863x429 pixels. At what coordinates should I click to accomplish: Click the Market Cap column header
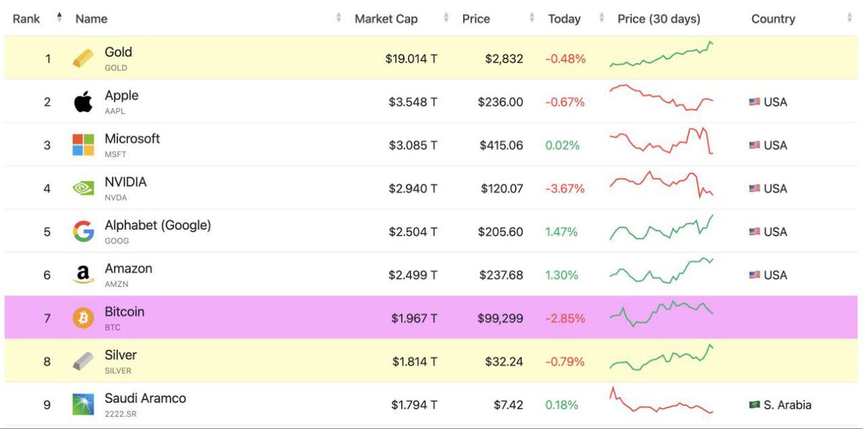click(x=385, y=19)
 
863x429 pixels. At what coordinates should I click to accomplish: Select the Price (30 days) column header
click(x=658, y=19)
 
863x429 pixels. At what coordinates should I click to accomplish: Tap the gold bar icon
click(x=83, y=59)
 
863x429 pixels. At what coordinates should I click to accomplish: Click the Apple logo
click(x=83, y=102)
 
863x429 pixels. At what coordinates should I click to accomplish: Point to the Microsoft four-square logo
click(x=83, y=145)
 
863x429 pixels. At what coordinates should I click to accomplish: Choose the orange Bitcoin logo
click(x=83, y=318)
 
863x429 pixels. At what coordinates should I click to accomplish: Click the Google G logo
click(x=83, y=231)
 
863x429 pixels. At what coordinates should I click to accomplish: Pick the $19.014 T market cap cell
click(x=411, y=59)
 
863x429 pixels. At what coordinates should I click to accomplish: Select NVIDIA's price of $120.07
click(x=501, y=188)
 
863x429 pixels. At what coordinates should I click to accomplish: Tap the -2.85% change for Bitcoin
click(x=565, y=318)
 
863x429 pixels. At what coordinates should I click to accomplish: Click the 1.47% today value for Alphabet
click(x=561, y=231)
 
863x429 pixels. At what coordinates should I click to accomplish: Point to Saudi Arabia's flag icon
click(x=754, y=405)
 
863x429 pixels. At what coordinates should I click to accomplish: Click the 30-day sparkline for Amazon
click(x=661, y=270)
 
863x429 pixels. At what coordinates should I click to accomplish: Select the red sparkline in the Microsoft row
click(x=661, y=141)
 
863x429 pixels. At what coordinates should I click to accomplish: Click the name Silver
click(x=120, y=355)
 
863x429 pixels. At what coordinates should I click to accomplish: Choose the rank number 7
click(x=47, y=318)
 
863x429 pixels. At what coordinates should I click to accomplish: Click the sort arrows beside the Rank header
click(x=60, y=18)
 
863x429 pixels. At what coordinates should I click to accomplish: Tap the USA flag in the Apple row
click(x=754, y=102)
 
